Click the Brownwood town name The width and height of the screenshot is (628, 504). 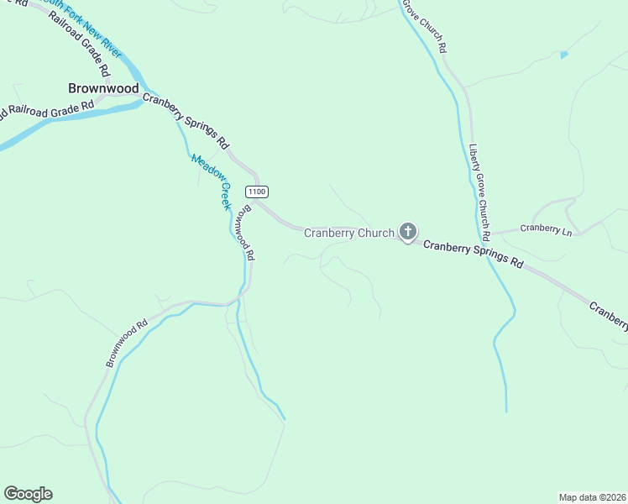coord(103,87)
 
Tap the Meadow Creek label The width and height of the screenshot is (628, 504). coord(211,181)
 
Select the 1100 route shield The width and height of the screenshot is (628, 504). coord(257,192)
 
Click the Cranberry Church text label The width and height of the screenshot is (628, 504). coord(348,233)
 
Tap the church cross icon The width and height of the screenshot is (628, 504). coord(407,231)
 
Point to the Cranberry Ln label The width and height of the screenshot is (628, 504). coord(546,228)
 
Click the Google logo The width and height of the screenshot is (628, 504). coord(28,494)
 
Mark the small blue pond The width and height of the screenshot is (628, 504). coord(563,55)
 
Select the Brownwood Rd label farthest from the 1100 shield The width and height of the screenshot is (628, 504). coord(127,342)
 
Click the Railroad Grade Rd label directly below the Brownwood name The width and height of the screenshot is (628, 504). coord(50,109)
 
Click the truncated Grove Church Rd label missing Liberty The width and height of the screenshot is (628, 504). coord(424,25)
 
